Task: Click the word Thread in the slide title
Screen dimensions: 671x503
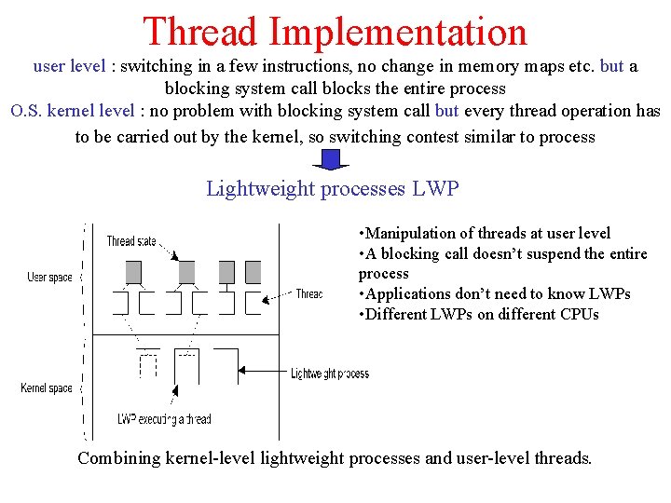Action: [x=200, y=32]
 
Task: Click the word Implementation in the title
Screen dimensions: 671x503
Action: [x=398, y=32]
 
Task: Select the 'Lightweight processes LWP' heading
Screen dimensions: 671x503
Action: [x=333, y=189]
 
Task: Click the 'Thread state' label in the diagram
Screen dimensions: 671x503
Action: [x=131, y=241]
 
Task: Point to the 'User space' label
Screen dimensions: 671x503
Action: [x=50, y=278]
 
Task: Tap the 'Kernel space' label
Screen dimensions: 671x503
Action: [x=47, y=387]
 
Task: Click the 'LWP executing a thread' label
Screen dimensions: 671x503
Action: [x=164, y=419]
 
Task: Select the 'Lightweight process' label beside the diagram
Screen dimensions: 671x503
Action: [x=330, y=374]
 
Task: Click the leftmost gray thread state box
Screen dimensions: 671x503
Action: [x=133, y=272]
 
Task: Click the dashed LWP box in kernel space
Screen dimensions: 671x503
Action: [x=146, y=366]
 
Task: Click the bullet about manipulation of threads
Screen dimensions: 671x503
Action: [x=485, y=233]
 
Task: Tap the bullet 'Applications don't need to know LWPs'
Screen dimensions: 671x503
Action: [x=495, y=293]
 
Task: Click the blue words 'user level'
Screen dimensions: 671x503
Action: [x=69, y=66]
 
